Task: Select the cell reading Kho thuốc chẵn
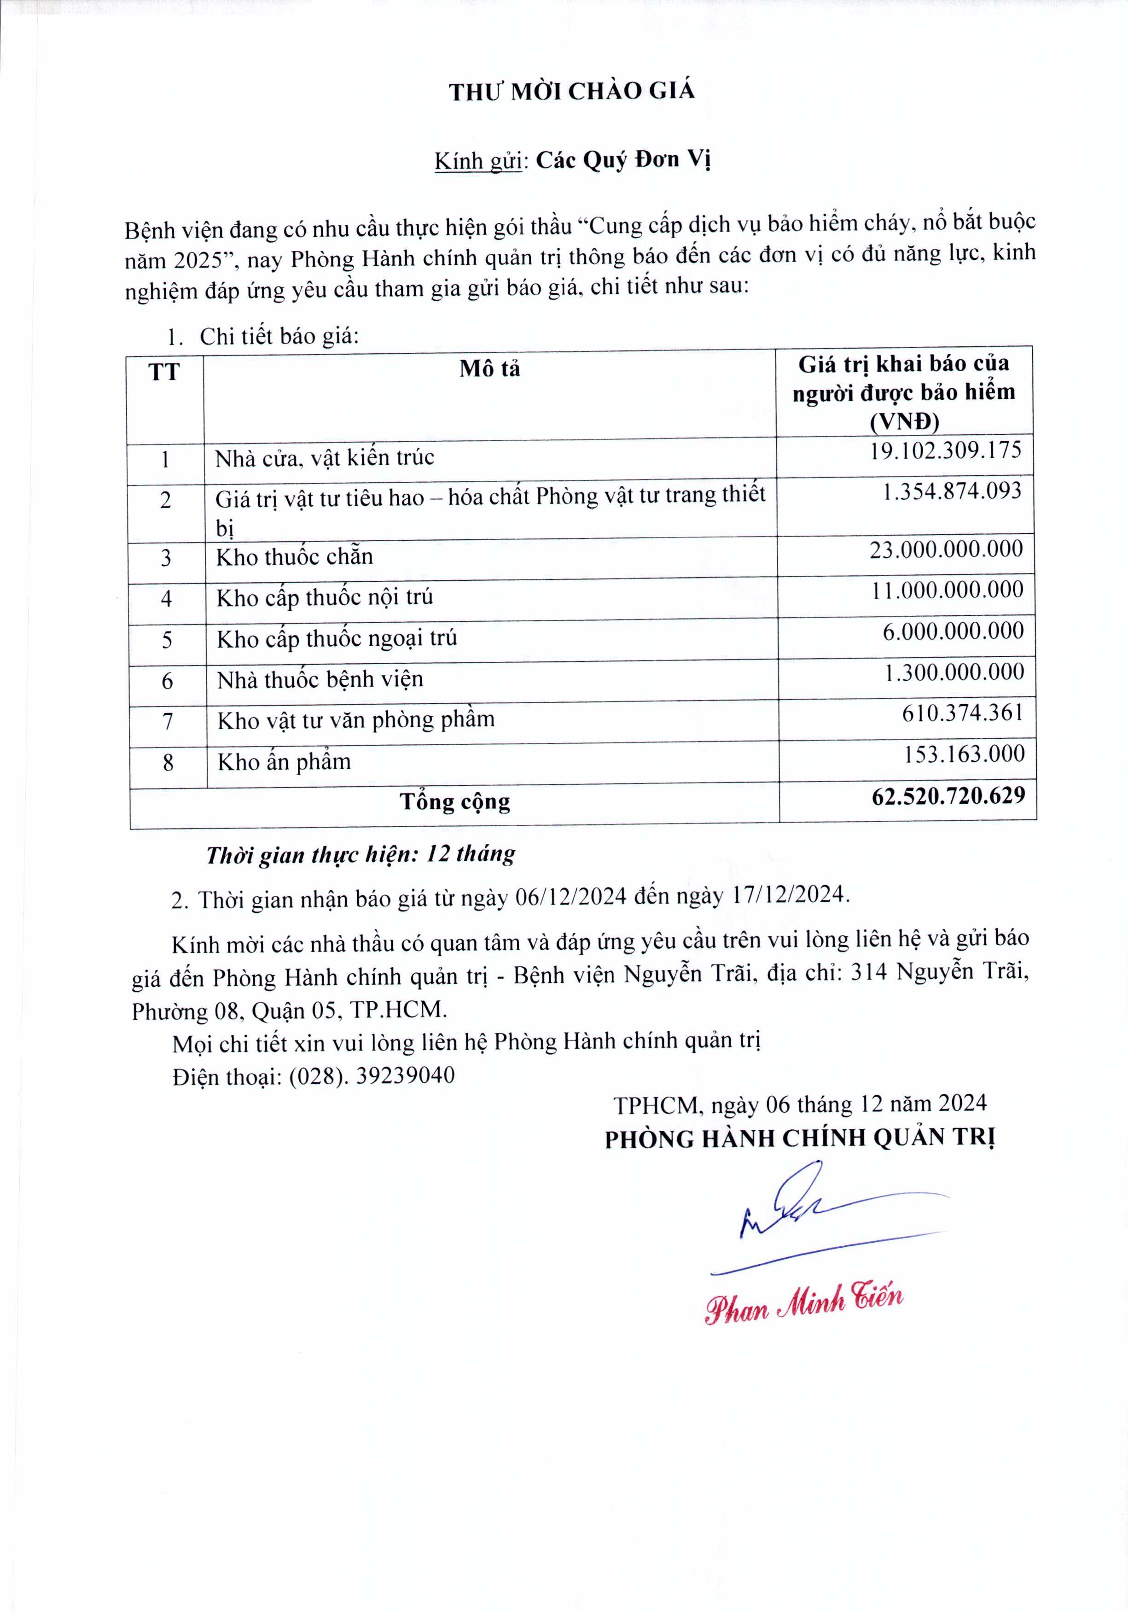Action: (x=294, y=557)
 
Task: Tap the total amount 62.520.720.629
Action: (x=948, y=795)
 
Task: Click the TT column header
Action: (x=164, y=371)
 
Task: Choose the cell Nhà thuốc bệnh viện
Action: (x=320, y=680)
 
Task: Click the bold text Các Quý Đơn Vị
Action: (x=623, y=160)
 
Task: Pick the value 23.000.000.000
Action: (x=946, y=549)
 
